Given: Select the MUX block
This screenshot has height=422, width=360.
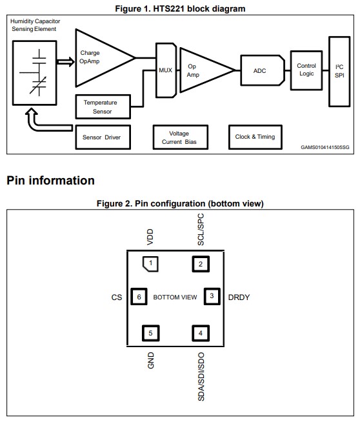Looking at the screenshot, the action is [x=166, y=70].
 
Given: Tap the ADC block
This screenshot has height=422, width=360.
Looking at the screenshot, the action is [x=263, y=70].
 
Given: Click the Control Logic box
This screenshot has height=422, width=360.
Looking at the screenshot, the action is [x=306, y=70].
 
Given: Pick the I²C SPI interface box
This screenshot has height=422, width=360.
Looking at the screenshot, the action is [x=339, y=72].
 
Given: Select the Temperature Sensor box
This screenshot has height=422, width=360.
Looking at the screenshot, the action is [x=103, y=107].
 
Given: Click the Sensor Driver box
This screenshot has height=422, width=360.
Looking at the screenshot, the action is [x=103, y=137].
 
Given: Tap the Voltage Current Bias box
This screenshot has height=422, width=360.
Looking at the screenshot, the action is [x=180, y=137].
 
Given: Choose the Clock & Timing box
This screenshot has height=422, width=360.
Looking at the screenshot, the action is [x=255, y=137].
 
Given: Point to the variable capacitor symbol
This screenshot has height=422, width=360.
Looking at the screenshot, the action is [x=39, y=84].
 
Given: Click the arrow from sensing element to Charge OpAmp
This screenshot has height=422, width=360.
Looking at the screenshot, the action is [x=65, y=62].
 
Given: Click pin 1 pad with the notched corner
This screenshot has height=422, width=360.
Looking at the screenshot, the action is [x=150, y=264].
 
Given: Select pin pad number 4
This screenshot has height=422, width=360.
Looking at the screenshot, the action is [x=201, y=333].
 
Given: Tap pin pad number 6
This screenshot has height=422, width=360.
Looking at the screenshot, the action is [x=139, y=297].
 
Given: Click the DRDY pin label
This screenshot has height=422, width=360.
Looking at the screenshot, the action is [x=239, y=297].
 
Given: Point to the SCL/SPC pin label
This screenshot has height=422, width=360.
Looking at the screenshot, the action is [x=201, y=230].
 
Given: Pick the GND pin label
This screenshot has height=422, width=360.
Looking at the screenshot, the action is [x=151, y=360].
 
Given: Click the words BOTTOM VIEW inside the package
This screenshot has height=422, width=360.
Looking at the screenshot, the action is [x=175, y=297].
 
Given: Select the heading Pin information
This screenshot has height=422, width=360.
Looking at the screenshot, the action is [x=50, y=180].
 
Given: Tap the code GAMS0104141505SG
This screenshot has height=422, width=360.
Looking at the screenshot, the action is [x=325, y=147].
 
